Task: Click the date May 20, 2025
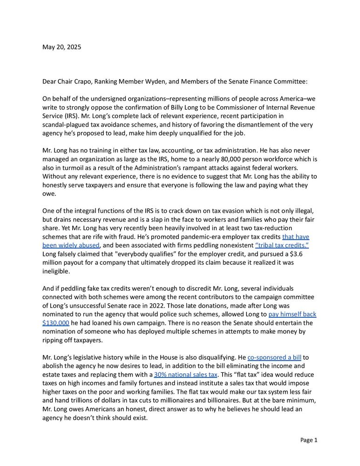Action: [x=61, y=47]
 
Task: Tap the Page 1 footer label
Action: [x=308, y=440]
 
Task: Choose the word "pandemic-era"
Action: [x=190, y=237]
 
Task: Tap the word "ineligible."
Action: [x=58, y=271]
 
